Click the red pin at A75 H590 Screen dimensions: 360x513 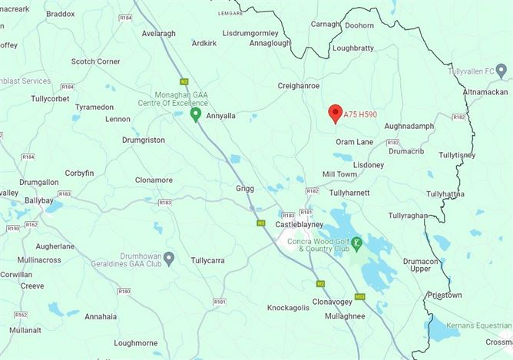pos(335,114)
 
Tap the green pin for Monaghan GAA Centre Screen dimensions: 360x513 pos(196,115)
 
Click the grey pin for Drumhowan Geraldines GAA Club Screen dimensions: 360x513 pos(169,257)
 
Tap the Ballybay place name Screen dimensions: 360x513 pos(38,200)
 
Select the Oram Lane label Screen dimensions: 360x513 pos(354,142)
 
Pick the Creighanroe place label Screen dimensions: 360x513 pos(299,86)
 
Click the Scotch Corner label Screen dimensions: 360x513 pos(96,61)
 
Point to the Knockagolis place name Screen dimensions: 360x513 pos(288,308)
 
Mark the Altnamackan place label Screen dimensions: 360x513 pos(486,92)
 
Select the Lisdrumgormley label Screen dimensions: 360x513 pos(250,34)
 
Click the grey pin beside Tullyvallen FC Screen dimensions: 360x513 pos(501,71)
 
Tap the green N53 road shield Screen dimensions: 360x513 pos(359,296)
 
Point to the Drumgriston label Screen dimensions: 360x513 pos(144,140)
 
